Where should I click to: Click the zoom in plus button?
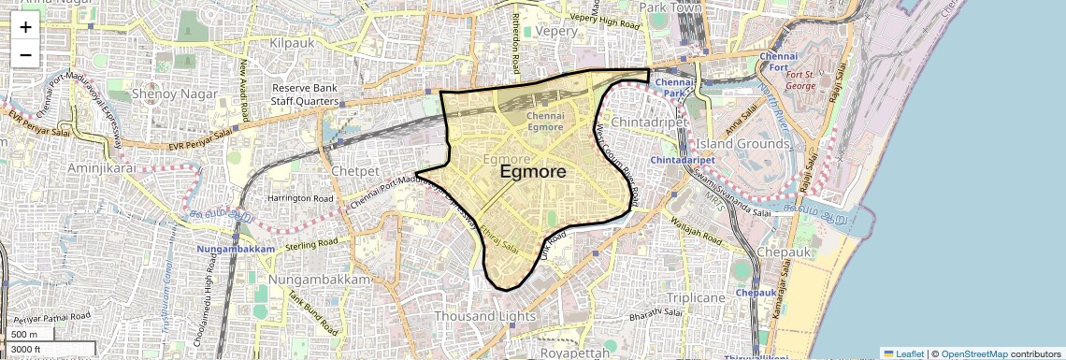[x=25, y=27]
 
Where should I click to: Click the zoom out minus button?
[x=25, y=54]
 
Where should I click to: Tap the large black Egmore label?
[x=533, y=172]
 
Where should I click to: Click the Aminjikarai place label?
[x=102, y=167]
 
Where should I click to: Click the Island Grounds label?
[x=742, y=144]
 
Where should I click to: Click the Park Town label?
[x=670, y=7]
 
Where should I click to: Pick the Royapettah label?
[x=573, y=353]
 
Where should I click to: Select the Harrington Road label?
[x=300, y=199]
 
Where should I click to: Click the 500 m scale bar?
[x=25, y=335]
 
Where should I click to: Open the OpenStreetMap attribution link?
[x=974, y=353]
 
